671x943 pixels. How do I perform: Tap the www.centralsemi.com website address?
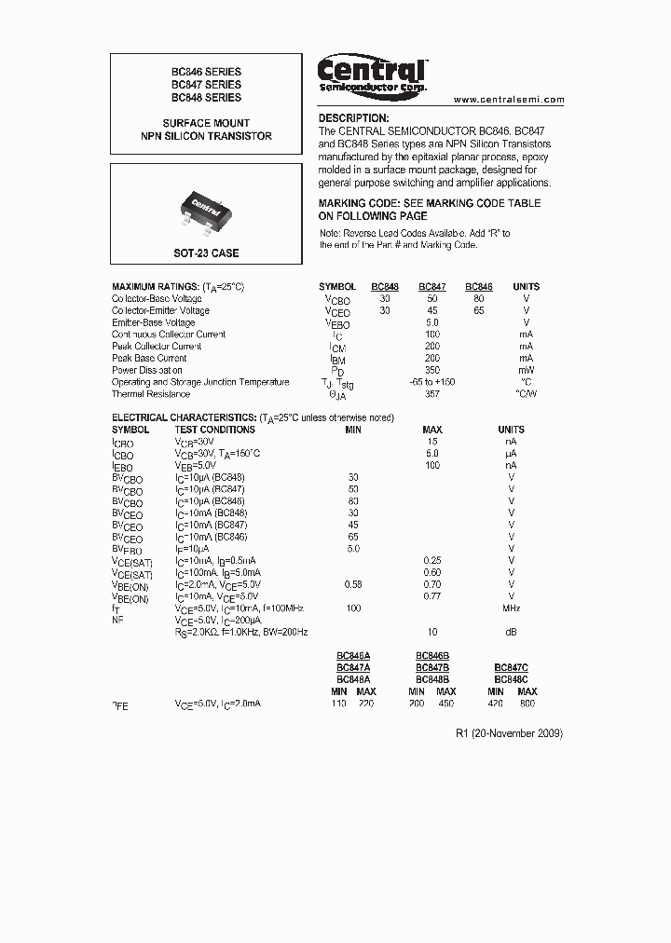509,100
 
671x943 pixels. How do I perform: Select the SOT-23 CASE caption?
206,253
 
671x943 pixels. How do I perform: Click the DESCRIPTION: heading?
353,118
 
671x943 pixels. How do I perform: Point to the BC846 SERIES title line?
206,72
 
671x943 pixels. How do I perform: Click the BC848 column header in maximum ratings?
385,287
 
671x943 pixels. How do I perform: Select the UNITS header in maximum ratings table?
526,287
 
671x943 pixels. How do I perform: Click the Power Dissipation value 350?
431,370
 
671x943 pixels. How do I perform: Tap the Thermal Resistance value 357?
431,393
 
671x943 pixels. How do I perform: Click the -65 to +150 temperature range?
431,382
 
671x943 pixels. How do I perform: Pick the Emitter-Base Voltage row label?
153,322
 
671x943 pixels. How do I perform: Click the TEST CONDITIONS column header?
214,430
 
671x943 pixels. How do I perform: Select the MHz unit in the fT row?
511,608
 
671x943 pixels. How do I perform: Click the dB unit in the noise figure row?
511,631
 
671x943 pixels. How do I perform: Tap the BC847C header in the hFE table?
511,667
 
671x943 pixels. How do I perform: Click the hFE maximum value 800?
527,705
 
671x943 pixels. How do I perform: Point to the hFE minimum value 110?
338,705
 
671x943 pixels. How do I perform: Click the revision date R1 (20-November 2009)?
509,733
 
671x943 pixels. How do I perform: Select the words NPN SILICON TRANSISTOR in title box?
206,136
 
